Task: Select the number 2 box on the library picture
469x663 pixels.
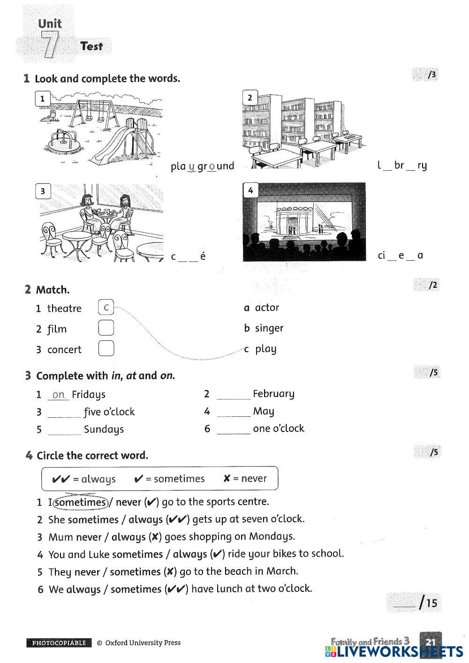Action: pos(250,98)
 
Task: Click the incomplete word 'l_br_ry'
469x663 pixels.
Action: pos(402,165)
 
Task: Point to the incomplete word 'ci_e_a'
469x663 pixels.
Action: pos(400,256)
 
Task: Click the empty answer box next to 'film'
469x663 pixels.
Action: pos(106,328)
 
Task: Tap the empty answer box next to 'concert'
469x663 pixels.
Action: pos(106,348)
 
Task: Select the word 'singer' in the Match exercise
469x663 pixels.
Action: pos(269,328)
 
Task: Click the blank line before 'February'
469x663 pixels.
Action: pos(233,395)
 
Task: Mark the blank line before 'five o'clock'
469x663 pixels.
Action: pos(65,413)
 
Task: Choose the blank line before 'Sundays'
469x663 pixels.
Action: pos(65,430)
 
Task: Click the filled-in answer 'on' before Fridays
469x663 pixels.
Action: pos(59,395)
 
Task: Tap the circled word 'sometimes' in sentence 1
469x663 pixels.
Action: pos(81,503)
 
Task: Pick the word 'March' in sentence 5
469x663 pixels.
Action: pos(282,571)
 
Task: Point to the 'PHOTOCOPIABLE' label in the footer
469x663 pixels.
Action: pos(59,643)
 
